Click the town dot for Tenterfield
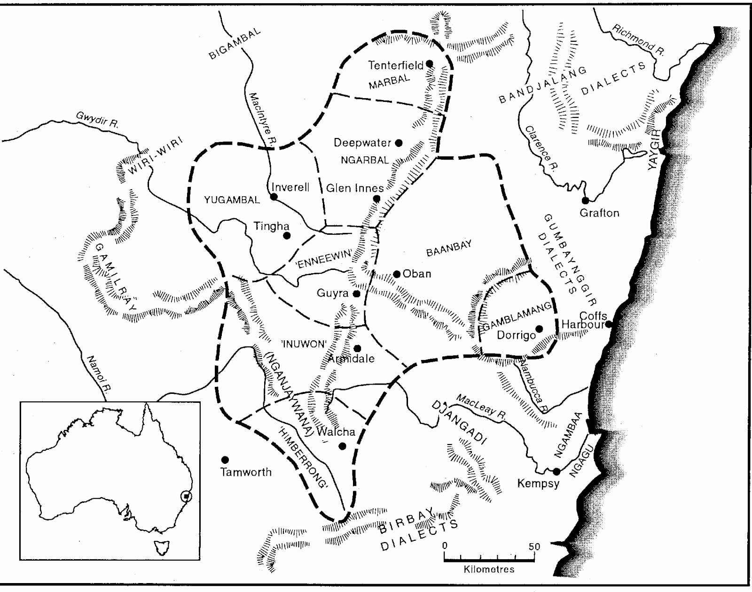coord(429,63)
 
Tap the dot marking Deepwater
coord(399,143)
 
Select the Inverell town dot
coord(274,197)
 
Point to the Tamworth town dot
coord(225,459)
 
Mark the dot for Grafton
coord(585,200)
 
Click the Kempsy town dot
coord(556,471)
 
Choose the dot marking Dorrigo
coord(539,329)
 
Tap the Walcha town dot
coord(342,446)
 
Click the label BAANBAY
coord(448,248)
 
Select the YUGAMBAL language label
coord(232,200)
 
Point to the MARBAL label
coord(389,82)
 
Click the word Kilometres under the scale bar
coord(489,569)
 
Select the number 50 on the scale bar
coord(534,546)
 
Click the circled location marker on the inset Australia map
coord(187,496)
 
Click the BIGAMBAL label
coord(235,44)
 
